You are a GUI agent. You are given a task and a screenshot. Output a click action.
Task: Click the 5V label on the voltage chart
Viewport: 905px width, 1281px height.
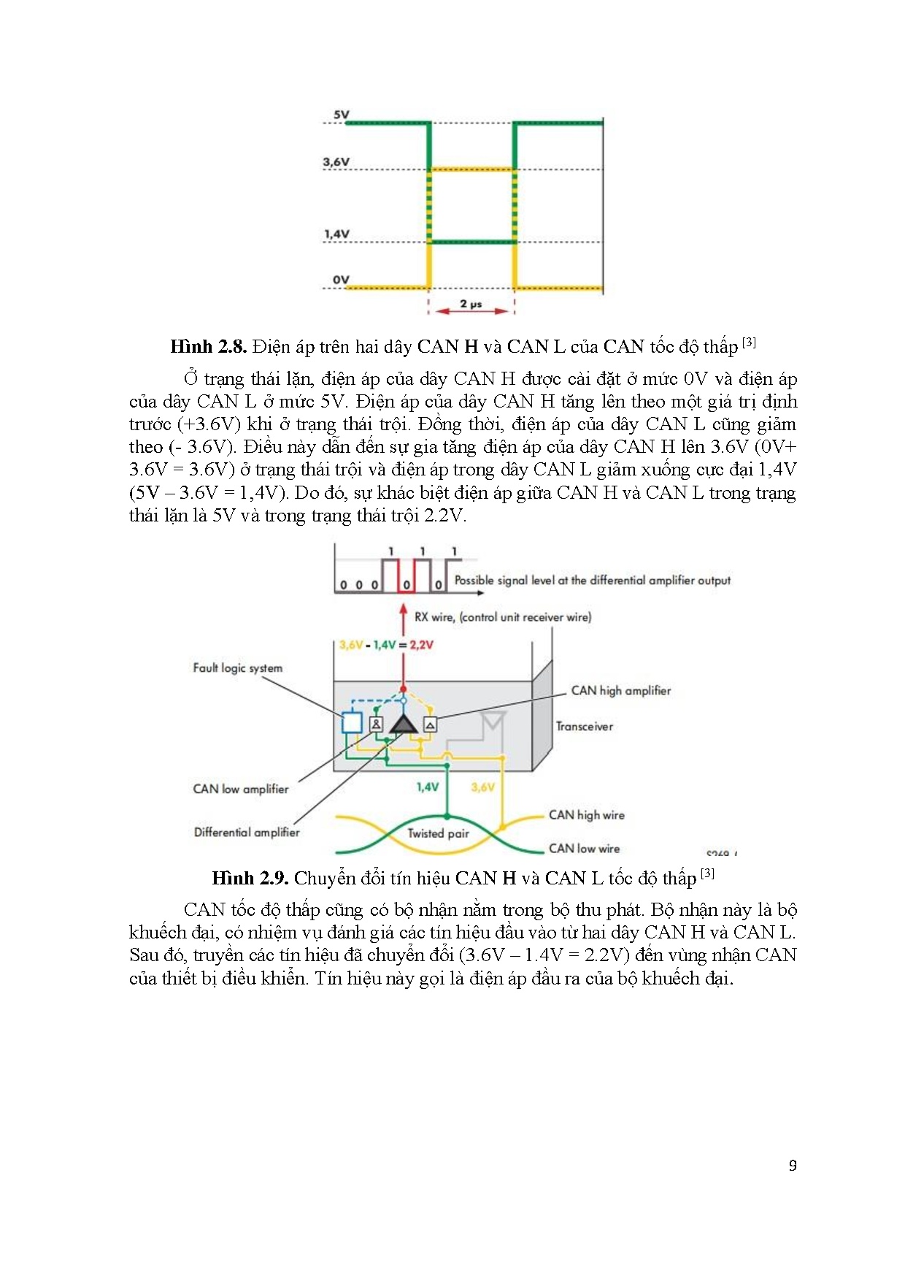pyautogui.click(x=341, y=115)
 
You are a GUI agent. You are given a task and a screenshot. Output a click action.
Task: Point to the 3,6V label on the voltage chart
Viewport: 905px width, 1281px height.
pyautogui.click(x=336, y=161)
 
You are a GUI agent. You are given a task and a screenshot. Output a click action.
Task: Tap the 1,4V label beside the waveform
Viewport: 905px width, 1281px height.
pyautogui.click(x=336, y=234)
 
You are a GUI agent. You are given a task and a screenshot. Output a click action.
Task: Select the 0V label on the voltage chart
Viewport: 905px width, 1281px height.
pyautogui.click(x=341, y=279)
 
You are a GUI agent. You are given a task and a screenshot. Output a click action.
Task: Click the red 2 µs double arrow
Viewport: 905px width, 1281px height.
pyautogui.click(x=471, y=311)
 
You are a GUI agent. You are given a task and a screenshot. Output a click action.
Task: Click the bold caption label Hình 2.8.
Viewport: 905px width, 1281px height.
pyautogui.click(x=208, y=346)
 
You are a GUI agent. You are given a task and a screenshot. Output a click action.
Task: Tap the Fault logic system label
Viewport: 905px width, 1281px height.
pyautogui.click(x=237, y=668)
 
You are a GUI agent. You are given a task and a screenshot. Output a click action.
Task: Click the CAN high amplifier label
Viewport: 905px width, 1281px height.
pyautogui.click(x=620, y=690)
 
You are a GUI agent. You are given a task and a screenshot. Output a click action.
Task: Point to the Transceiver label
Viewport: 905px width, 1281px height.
pyautogui.click(x=584, y=726)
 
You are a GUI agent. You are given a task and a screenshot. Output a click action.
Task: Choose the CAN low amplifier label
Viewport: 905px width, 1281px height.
pyautogui.click(x=240, y=789)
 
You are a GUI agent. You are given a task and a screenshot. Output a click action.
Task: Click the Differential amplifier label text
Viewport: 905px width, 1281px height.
pyautogui.click(x=247, y=832)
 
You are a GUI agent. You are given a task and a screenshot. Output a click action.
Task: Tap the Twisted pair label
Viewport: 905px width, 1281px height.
pyautogui.click(x=438, y=833)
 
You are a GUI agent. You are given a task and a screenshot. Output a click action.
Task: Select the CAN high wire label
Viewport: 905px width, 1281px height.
pyautogui.click(x=586, y=815)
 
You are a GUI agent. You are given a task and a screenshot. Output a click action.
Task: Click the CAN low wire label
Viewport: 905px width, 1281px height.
pyautogui.click(x=584, y=849)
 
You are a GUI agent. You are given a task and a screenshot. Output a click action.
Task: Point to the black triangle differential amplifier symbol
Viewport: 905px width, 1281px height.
pyautogui.click(x=403, y=724)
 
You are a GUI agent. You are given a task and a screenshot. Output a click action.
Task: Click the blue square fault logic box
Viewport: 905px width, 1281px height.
pyautogui.click(x=353, y=722)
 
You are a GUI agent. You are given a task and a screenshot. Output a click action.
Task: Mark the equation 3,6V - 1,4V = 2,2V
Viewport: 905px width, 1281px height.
pyautogui.click(x=386, y=645)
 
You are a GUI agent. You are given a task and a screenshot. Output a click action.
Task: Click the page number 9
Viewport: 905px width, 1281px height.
pyautogui.click(x=793, y=1166)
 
